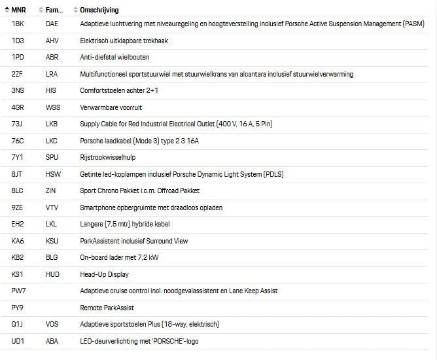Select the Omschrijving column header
point(99,10)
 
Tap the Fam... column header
point(54,10)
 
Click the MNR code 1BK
point(18,24)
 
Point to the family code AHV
point(52,41)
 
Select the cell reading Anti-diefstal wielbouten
point(114,57)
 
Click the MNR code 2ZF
point(18,74)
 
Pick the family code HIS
point(52,90)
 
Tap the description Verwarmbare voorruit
point(111,107)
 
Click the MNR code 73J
point(18,124)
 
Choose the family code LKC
point(52,141)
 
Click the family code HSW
point(53,174)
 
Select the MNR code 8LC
point(18,190)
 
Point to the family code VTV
point(52,207)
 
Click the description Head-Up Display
point(104,274)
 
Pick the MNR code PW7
point(18,291)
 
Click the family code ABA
point(52,341)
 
